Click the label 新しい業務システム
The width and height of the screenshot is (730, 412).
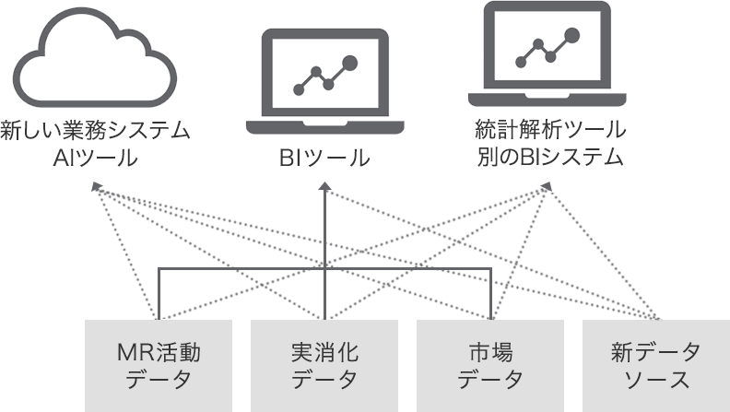click(x=95, y=130)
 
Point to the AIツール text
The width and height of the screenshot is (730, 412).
click(x=96, y=158)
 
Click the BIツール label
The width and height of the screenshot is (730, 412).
click(x=324, y=159)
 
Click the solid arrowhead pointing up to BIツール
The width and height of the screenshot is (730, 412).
click(x=324, y=189)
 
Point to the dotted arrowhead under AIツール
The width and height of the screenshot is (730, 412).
click(x=96, y=187)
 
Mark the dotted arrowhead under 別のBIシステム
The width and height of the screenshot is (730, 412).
click(x=547, y=187)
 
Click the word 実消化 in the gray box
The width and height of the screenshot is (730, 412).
click(x=324, y=351)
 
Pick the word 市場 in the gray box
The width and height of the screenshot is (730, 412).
click(x=490, y=351)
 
